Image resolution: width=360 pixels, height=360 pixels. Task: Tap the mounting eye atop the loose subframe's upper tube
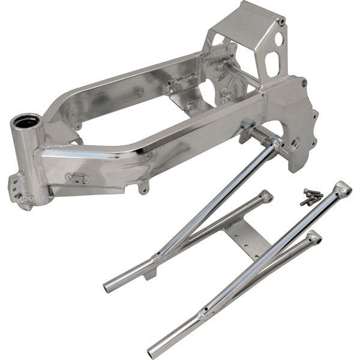344,188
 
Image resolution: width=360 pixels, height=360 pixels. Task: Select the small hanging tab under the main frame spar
142,187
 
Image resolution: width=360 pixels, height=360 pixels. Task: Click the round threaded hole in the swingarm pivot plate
296,143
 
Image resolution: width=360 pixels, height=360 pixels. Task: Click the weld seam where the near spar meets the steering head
40,155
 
